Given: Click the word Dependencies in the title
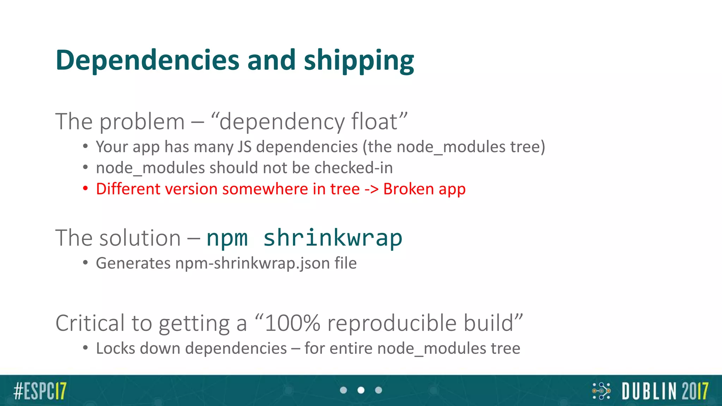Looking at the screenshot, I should [147, 60].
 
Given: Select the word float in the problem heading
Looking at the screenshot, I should [374, 122].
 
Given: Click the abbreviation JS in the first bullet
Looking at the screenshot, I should [244, 147].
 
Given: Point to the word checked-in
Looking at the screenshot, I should [353, 168].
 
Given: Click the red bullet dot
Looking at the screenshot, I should [85, 189].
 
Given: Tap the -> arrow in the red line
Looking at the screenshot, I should [371, 189].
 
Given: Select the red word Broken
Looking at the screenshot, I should [408, 189].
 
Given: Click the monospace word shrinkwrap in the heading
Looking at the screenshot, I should [332, 238].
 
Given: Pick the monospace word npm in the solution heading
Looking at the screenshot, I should [227, 239].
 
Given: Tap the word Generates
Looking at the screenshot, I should [133, 263].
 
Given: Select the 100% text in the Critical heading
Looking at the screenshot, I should [292, 323].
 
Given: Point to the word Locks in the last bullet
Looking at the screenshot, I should [116, 348].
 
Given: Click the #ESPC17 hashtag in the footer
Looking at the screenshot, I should [40, 391].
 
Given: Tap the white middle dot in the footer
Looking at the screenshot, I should [361, 390].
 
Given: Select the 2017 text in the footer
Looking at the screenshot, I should [695, 391].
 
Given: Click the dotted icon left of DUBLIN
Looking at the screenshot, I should [601, 391].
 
